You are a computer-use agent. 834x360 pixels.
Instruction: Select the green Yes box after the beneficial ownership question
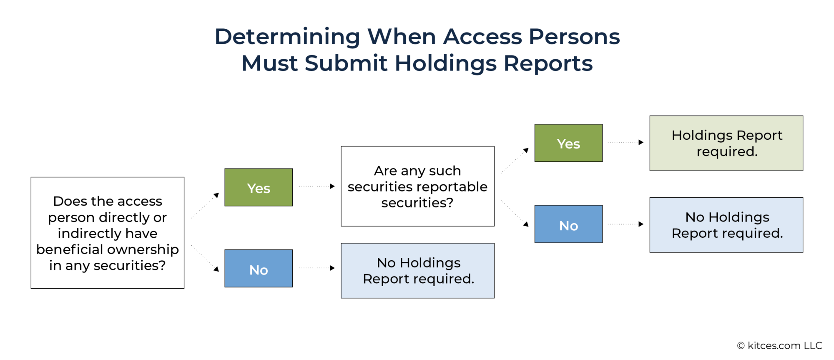[x=259, y=188]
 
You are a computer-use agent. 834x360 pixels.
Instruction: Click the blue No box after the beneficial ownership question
[x=259, y=269]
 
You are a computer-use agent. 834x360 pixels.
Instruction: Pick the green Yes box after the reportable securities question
[x=568, y=143]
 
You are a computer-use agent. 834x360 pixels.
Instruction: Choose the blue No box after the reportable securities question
[x=568, y=224]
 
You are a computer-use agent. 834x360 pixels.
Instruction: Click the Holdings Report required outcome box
[x=726, y=143]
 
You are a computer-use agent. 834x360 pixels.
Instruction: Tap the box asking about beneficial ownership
[x=107, y=233]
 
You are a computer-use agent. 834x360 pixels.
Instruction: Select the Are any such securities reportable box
[x=417, y=186]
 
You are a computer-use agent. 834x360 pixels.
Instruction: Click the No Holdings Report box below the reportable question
[x=417, y=271]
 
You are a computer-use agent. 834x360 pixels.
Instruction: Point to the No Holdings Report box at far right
[x=726, y=225]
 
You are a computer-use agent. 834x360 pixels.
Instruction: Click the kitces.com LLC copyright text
[x=779, y=346]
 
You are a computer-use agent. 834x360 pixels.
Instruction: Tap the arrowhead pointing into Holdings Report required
[x=641, y=142]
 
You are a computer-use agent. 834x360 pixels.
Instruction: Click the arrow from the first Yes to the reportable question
[x=317, y=186]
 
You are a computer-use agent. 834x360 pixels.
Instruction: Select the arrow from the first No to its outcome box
[x=317, y=268]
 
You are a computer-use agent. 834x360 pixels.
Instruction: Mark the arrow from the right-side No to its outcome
[x=625, y=224]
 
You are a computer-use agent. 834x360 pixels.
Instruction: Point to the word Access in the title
[x=482, y=37]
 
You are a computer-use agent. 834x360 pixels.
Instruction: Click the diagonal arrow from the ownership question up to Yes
[x=205, y=206]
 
